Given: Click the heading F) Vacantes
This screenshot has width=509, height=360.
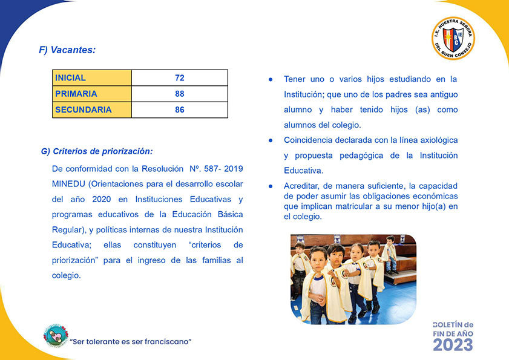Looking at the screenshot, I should click(x=67, y=50).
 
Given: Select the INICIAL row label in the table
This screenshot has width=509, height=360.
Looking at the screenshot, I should click(x=70, y=78).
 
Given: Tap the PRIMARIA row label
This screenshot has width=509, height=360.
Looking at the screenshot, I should click(x=76, y=94).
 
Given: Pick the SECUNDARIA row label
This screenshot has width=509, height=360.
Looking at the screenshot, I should click(x=83, y=110).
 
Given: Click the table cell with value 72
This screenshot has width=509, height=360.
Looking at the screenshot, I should click(x=179, y=78).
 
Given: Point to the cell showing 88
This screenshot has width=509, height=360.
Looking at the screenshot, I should click(x=179, y=94).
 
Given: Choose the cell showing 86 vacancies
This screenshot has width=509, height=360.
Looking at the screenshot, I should click(x=179, y=110).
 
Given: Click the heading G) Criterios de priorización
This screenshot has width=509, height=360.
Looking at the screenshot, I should click(x=97, y=151).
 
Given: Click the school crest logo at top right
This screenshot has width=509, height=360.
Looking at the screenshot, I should click(x=453, y=39).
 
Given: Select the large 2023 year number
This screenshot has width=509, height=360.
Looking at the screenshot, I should click(x=453, y=344).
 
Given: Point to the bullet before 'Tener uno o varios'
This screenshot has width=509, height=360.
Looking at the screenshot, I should click(x=271, y=79).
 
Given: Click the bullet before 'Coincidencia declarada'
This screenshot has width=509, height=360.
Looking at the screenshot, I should click(x=271, y=140).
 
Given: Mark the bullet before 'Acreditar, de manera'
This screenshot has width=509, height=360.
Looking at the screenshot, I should click(x=271, y=186).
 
